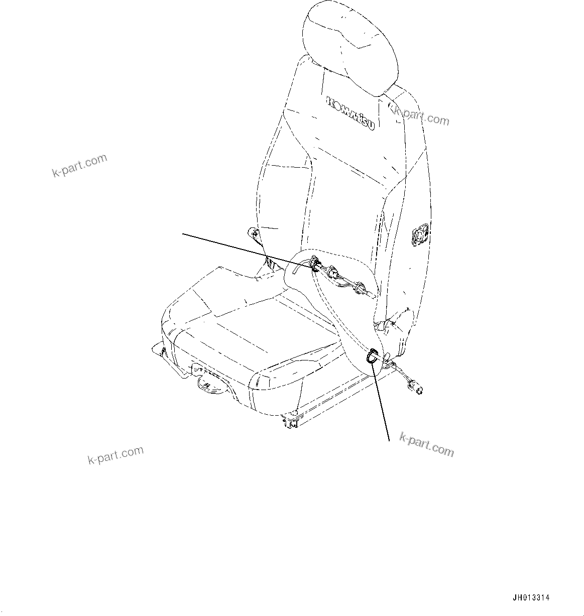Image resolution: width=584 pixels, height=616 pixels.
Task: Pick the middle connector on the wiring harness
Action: point(332,274)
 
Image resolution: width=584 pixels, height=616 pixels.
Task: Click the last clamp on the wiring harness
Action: point(358,288)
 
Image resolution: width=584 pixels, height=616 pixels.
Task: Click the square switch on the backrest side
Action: point(419,234)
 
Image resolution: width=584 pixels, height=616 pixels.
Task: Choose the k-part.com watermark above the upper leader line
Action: point(80,166)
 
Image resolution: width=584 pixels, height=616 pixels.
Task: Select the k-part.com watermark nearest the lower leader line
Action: point(426,444)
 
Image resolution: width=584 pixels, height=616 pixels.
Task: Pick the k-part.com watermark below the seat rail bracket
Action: point(115,455)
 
